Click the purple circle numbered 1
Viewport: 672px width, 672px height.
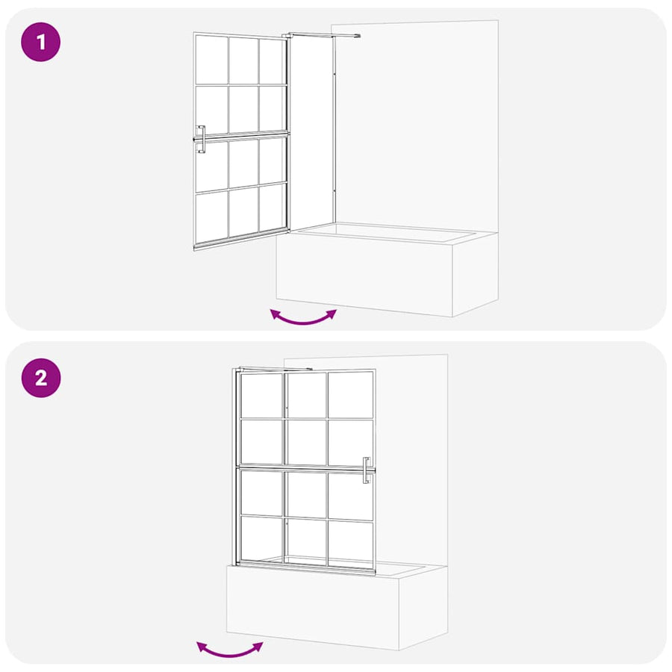(x=41, y=42)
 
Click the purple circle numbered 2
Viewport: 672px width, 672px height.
(x=41, y=378)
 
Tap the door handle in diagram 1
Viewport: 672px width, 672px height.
(x=201, y=140)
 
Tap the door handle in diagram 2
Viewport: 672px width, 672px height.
(x=367, y=470)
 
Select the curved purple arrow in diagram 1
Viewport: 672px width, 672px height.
(x=303, y=320)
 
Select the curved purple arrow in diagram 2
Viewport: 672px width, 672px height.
(x=230, y=653)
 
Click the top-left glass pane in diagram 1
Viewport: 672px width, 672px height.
(x=212, y=60)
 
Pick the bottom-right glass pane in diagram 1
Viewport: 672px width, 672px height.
(x=272, y=208)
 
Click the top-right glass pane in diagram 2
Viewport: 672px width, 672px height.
(x=351, y=395)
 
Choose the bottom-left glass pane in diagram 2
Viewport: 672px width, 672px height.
(x=261, y=538)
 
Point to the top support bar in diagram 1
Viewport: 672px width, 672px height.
(x=323, y=35)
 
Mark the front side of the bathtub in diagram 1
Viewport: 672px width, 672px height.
(x=364, y=276)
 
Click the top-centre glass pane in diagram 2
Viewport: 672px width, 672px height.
(x=306, y=395)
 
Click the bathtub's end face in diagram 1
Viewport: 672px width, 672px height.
(x=476, y=274)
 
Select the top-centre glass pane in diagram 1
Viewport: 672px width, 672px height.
(x=243, y=60)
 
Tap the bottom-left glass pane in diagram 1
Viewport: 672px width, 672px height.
(x=212, y=217)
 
